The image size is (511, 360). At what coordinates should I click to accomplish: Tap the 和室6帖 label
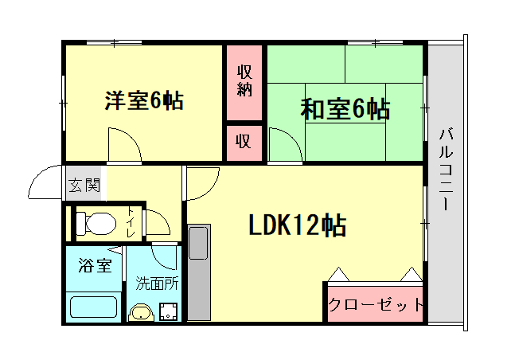345,109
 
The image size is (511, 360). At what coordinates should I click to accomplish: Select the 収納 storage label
244,80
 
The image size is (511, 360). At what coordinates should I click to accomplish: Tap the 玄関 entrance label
84,186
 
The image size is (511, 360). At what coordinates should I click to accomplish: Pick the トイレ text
131,224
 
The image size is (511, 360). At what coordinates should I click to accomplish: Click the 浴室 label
95,266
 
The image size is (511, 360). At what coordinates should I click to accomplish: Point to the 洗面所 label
157,282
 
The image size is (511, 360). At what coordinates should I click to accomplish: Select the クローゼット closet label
375,305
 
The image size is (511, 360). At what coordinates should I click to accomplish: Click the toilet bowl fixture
95,224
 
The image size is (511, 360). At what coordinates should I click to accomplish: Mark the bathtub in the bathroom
94,307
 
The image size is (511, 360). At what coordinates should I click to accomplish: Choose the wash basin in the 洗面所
141,311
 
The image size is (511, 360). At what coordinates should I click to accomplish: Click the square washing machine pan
168,311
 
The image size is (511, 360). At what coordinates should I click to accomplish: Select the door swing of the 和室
284,146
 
